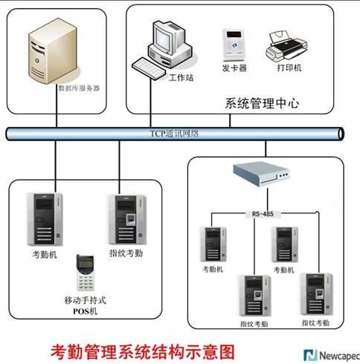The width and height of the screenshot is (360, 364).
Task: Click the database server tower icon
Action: click(x=53, y=51)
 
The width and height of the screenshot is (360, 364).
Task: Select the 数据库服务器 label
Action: click(x=79, y=88)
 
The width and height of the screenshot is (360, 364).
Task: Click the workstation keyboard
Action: click(x=149, y=68)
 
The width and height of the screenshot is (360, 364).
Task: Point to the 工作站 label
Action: click(x=181, y=78)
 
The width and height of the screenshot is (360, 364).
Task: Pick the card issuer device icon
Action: click(x=234, y=45)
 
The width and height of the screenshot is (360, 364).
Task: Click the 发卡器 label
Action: click(x=234, y=68)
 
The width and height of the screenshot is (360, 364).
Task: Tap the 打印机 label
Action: click(x=289, y=68)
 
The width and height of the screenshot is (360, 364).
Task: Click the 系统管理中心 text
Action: click(x=262, y=103)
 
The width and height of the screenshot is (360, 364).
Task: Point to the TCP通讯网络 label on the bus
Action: click(x=174, y=134)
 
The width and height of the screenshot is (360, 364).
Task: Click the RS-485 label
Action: click(x=263, y=214)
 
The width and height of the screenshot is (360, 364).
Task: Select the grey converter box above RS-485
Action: click(x=261, y=174)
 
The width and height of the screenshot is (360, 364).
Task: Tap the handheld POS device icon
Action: click(x=85, y=273)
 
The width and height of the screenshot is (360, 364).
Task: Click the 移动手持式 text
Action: click(x=85, y=300)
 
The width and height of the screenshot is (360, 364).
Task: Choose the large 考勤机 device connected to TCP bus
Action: click(x=45, y=219)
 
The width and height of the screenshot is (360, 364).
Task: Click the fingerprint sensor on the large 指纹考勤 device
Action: click(x=131, y=219)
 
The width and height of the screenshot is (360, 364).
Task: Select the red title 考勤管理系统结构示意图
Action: click(x=143, y=352)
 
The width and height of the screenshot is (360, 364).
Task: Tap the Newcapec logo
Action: click(x=332, y=356)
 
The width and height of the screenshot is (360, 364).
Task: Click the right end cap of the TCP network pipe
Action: click(x=341, y=134)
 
